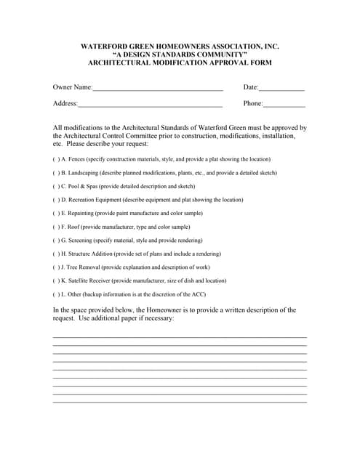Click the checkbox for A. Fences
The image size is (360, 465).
[56, 159]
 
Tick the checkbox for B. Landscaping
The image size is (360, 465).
[56, 173]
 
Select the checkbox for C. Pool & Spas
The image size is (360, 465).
[56, 186]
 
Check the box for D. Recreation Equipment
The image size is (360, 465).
[56, 200]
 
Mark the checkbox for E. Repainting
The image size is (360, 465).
[56, 213]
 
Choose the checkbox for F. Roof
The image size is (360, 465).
[56, 227]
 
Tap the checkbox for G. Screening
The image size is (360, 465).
[56, 240]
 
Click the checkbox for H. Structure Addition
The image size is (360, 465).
[56, 254]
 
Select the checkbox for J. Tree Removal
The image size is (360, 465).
[56, 267]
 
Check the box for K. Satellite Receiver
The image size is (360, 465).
[56, 280]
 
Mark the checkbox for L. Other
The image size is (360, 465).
[56, 294]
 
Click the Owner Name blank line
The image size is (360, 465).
[157, 89]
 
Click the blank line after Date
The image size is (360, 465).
[281, 89]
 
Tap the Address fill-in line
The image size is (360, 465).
[150, 105]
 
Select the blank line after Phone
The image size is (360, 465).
[284, 105]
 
